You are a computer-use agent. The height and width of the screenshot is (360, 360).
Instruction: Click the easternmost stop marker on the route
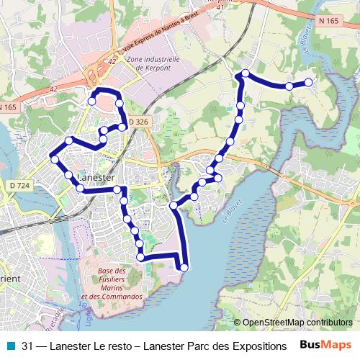(x=310, y=82)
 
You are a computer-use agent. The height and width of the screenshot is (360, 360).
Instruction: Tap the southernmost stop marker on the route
(x=184, y=268)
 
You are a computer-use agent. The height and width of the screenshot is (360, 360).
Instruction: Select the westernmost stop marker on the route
(x=54, y=158)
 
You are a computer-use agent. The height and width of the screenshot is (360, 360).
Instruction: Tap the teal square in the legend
(x=9, y=346)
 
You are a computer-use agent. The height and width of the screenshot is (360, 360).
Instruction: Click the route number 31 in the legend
(x=28, y=346)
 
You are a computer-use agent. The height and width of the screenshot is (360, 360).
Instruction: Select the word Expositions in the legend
(x=258, y=346)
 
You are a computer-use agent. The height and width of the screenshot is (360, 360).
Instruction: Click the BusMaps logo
(x=325, y=345)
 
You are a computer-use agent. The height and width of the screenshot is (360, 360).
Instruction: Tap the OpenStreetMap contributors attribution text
(x=297, y=323)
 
